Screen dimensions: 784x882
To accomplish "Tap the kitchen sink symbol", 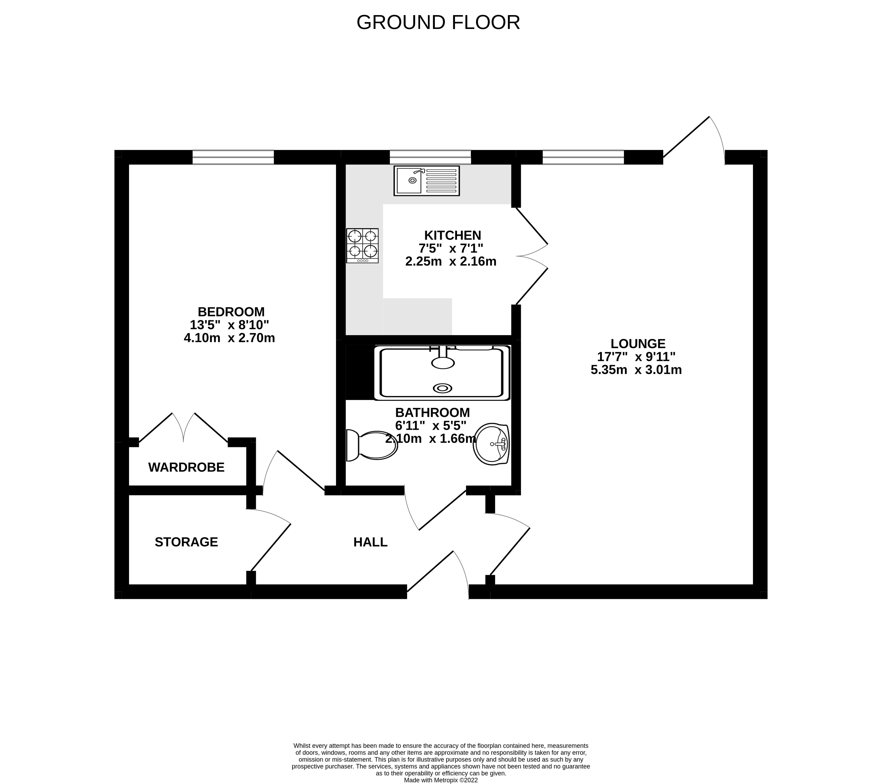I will (x=426, y=181).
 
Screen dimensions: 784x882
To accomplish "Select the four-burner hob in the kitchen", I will (x=362, y=245).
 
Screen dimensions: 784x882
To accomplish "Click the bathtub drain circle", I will (x=443, y=388).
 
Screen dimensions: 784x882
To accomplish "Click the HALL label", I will (x=370, y=542).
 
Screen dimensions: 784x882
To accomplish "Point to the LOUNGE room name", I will (x=638, y=344).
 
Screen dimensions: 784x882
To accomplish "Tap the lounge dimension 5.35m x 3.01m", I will (x=636, y=370).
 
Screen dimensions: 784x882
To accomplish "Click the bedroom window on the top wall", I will (x=233, y=157).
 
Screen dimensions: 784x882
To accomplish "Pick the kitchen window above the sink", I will (x=430, y=157).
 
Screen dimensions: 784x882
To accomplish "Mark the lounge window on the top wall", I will (x=583, y=157).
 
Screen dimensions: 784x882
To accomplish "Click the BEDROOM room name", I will (x=231, y=312).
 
